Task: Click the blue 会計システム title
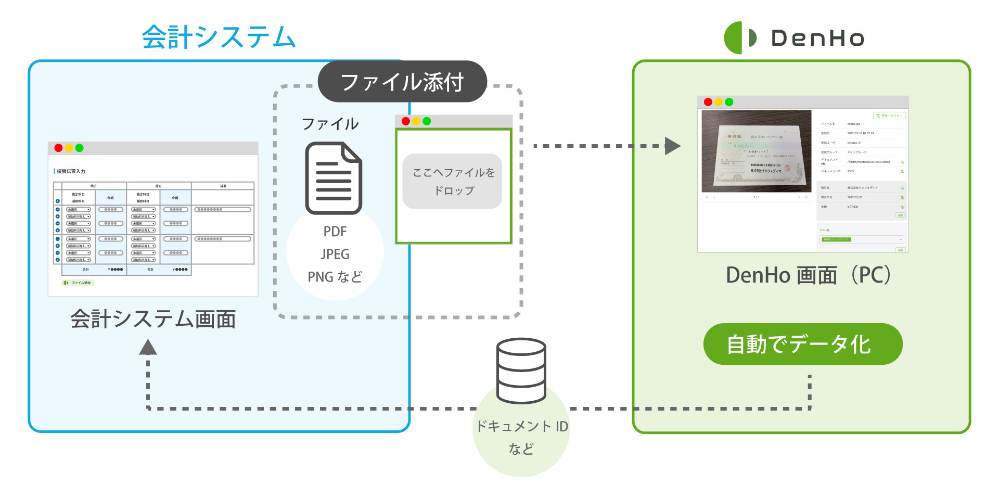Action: [x=219, y=37]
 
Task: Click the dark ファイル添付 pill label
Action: [x=402, y=82]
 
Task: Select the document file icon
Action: [x=334, y=178]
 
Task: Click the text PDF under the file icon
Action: [x=335, y=232]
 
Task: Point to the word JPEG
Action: [x=335, y=254]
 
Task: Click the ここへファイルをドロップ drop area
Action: [x=453, y=181]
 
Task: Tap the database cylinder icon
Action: [x=521, y=371]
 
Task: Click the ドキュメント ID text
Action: [x=522, y=427]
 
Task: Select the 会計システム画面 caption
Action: [x=153, y=319]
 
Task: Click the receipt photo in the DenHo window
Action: [x=757, y=151]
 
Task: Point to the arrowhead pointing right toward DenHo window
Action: [x=673, y=146]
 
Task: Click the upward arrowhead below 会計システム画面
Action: [x=148, y=347]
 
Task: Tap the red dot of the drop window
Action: [x=406, y=121]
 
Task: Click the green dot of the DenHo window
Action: [x=729, y=102]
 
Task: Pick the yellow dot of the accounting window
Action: [x=69, y=148]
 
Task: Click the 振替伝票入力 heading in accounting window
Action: [x=71, y=171]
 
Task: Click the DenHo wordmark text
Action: [x=817, y=39]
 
